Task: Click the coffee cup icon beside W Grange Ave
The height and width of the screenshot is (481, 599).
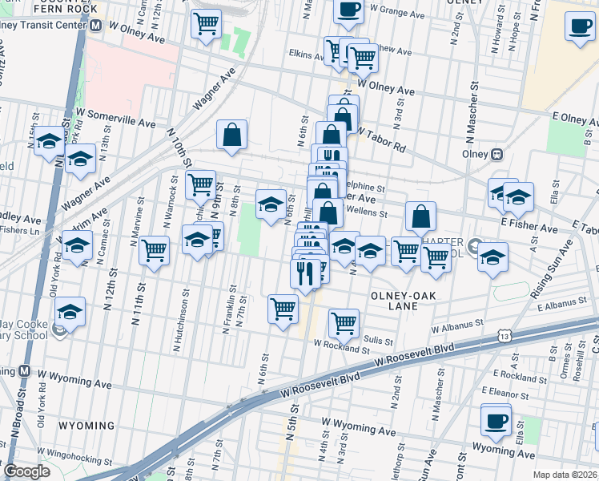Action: click(x=348, y=10)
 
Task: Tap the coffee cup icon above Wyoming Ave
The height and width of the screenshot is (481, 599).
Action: click(x=496, y=420)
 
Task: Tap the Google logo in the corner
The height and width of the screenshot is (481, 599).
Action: click(x=26, y=471)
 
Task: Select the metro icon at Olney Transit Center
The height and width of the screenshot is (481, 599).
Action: click(x=95, y=25)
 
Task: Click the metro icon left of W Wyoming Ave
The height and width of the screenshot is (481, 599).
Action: click(x=24, y=372)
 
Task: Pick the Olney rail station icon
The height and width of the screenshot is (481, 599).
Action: click(x=496, y=153)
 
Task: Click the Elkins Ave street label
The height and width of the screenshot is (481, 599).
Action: click(x=305, y=55)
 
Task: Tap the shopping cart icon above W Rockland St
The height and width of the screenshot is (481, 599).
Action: click(x=344, y=322)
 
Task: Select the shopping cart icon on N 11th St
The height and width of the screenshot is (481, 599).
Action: click(x=154, y=249)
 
